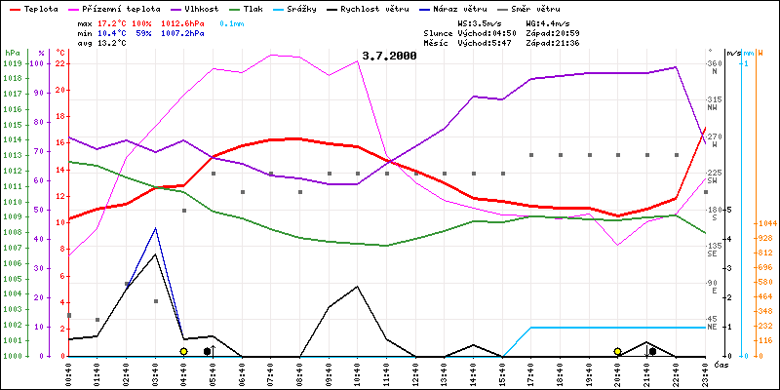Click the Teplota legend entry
40,8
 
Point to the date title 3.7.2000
388,56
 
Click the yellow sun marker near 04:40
183,351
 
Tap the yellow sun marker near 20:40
618,351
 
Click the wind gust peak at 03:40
155,228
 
